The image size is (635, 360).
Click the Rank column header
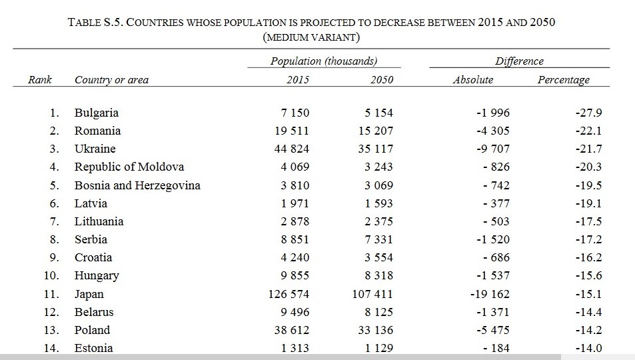(x=40, y=79)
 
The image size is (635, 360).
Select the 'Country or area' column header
(x=111, y=80)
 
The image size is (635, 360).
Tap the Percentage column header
(x=563, y=80)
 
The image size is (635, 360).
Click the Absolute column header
(x=473, y=80)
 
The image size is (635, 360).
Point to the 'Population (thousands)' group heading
(x=324, y=61)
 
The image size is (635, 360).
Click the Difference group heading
(x=519, y=61)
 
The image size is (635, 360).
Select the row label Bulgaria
(x=97, y=113)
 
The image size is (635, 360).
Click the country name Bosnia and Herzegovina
(x=137, y=185)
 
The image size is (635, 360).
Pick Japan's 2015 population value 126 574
(x=289, y=294)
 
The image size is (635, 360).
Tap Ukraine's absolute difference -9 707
(x=493, y=149)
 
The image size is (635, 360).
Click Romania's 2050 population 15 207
(x=375, y=131)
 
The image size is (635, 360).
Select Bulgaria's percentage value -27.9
(x=588, y=113)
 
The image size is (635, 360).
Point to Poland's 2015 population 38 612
(x=292, y=330)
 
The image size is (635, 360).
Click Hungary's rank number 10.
(x=51, y=276)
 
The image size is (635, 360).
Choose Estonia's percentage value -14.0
(x=588, y=348)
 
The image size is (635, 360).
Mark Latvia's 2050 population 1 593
(x=378, y=203)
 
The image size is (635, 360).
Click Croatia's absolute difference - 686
(x=496, y=257)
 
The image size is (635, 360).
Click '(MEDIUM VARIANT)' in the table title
(x=311, y=38)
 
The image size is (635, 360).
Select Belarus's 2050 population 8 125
(x=378, y=312)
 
